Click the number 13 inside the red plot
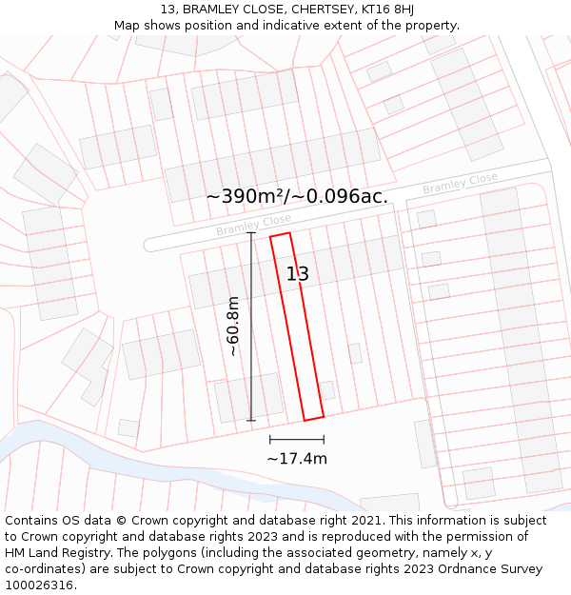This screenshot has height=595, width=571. [298, 274]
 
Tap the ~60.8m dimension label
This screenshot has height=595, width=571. [233, 326]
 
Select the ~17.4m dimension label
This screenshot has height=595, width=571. [297, 459]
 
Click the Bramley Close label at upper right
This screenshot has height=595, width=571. [460, 184]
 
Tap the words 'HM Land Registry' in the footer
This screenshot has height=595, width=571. [54, 553]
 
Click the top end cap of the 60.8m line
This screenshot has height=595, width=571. [251, 233]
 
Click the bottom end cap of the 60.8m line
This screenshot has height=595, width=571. [251, 420]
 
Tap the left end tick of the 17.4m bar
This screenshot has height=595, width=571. [270, 440]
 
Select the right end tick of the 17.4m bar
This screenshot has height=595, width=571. [324, 440]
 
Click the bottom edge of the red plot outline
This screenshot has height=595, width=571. [314, 418]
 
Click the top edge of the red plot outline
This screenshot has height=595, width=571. [280, 235]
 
